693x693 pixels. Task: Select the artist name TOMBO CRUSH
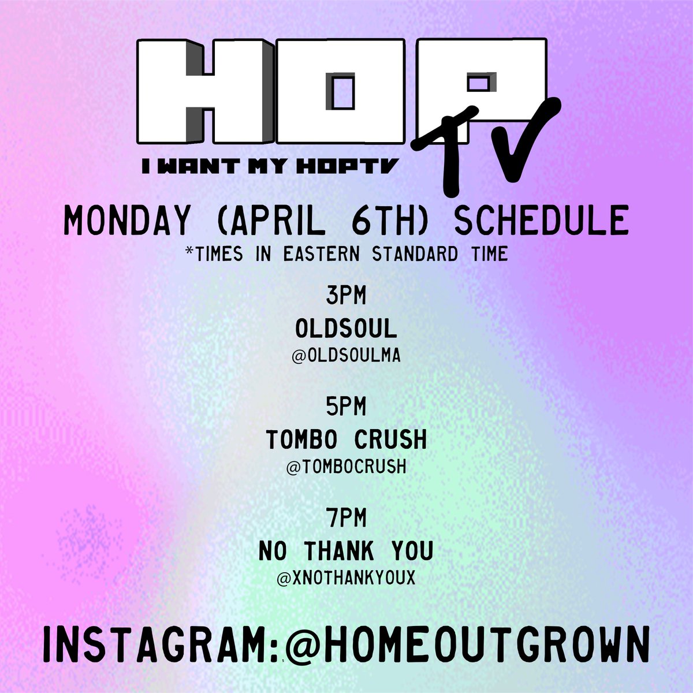pos(346,440)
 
